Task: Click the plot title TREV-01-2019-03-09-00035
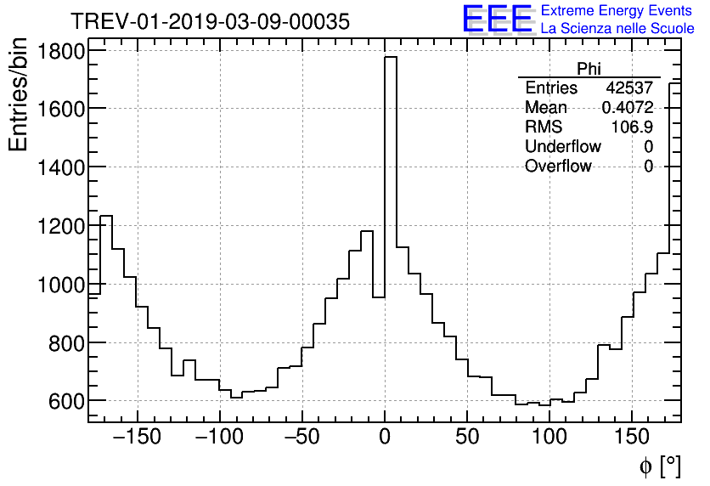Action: click(x=210, y=22)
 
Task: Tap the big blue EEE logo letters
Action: click(x=498, y=19)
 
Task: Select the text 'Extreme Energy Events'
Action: click(x=616, y=11)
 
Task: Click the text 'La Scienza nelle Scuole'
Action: click(x=617, y=28)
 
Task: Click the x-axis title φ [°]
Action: click(x=660, y=466)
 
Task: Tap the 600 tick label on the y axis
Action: click(x=67, y=401)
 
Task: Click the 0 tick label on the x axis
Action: click(x=385, y=438)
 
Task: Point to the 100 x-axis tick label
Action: click(x=549, y=438)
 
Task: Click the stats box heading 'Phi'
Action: click(x=589, y=69)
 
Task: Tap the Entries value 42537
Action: click(x=629, y=88)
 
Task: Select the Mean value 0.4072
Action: click(x=627, y=108)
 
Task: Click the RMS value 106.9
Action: click(x=632, y=127)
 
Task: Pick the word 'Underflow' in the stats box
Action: click(x=562, y=147)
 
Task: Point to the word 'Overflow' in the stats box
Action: click(x=558, y=167)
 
